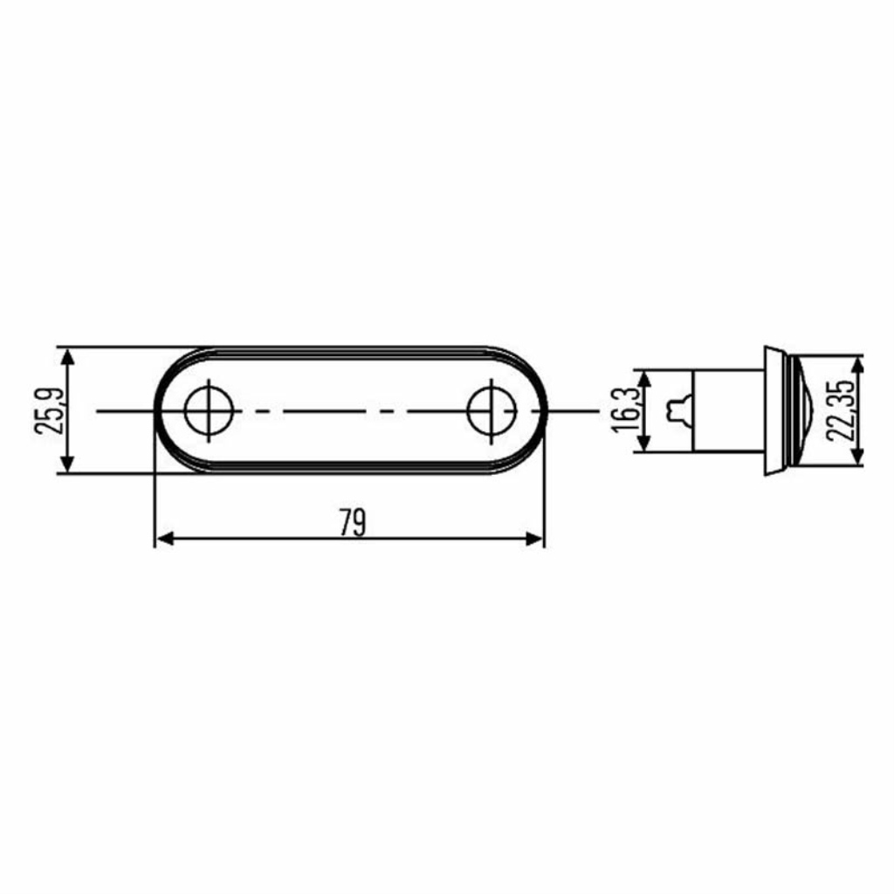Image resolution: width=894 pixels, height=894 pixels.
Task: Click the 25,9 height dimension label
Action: pos(49,410)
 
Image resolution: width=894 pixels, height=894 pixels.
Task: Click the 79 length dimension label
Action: pos(353,522)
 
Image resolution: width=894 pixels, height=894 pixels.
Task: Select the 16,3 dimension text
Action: pos(624,409)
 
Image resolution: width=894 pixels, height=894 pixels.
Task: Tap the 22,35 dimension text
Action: pos(840,409)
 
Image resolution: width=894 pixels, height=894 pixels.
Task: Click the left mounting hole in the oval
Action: pos(209,410)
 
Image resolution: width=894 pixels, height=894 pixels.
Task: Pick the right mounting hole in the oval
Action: pos(492,410)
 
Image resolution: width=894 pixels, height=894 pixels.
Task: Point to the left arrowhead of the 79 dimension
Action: pos(165,538)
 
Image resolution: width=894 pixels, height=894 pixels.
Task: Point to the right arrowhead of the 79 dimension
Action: pos(535,538)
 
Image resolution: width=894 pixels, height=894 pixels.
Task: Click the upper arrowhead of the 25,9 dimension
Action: pos(67,358)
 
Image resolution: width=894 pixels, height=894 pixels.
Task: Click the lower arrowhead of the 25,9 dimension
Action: pos(67,463)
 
